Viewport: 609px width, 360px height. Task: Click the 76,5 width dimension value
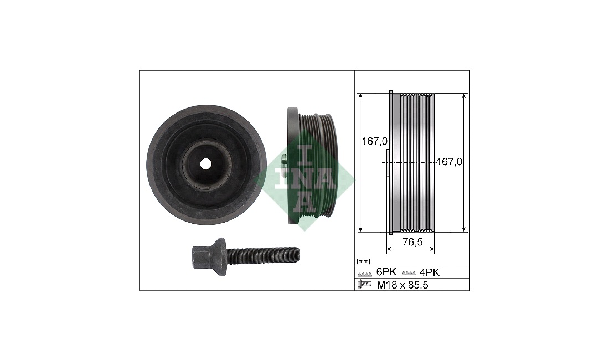point(412,243)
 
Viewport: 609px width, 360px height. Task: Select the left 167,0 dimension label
point(375,141)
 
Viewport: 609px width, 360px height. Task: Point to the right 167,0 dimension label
point(450,162)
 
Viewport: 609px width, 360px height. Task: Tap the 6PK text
point(386,272)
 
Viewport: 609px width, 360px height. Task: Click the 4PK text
point(430,272)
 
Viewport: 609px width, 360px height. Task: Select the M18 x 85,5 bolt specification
point(402,285)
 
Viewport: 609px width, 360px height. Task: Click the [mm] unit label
point(364,261)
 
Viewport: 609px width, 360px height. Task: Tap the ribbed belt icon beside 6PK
point(365,274)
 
